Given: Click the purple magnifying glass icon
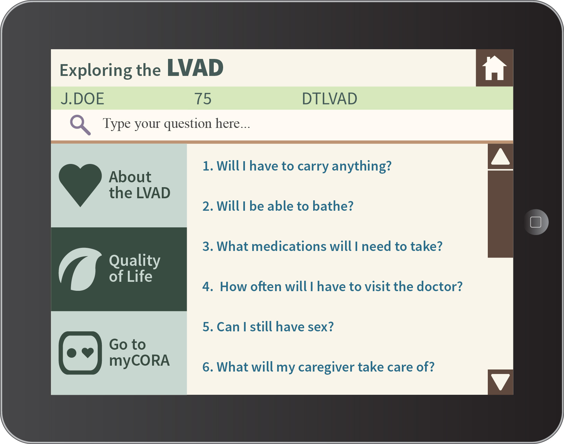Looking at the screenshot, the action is (80, 125).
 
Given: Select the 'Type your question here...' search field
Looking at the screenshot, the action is (282, 125).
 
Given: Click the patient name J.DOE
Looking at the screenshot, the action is (82, 98).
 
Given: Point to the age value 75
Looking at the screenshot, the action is (203, 99).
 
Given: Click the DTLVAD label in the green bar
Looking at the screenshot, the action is (329, 98).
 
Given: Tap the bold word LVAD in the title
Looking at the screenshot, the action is (195, 68).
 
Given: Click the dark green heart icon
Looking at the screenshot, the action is (80, 185).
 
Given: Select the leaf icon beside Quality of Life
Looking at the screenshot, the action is (80, 269).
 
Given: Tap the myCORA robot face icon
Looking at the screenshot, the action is (80, 353).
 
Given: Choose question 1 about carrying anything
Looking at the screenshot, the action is (297, 166).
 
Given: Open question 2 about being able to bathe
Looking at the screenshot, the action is (278, 206).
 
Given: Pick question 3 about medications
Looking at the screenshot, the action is (323, 246).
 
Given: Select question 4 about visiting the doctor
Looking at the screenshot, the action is (332, 286).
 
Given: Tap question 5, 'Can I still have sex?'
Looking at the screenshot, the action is (268, 327).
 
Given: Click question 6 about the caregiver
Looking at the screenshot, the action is (318, 367).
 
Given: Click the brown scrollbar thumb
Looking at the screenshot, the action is (500, 214).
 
